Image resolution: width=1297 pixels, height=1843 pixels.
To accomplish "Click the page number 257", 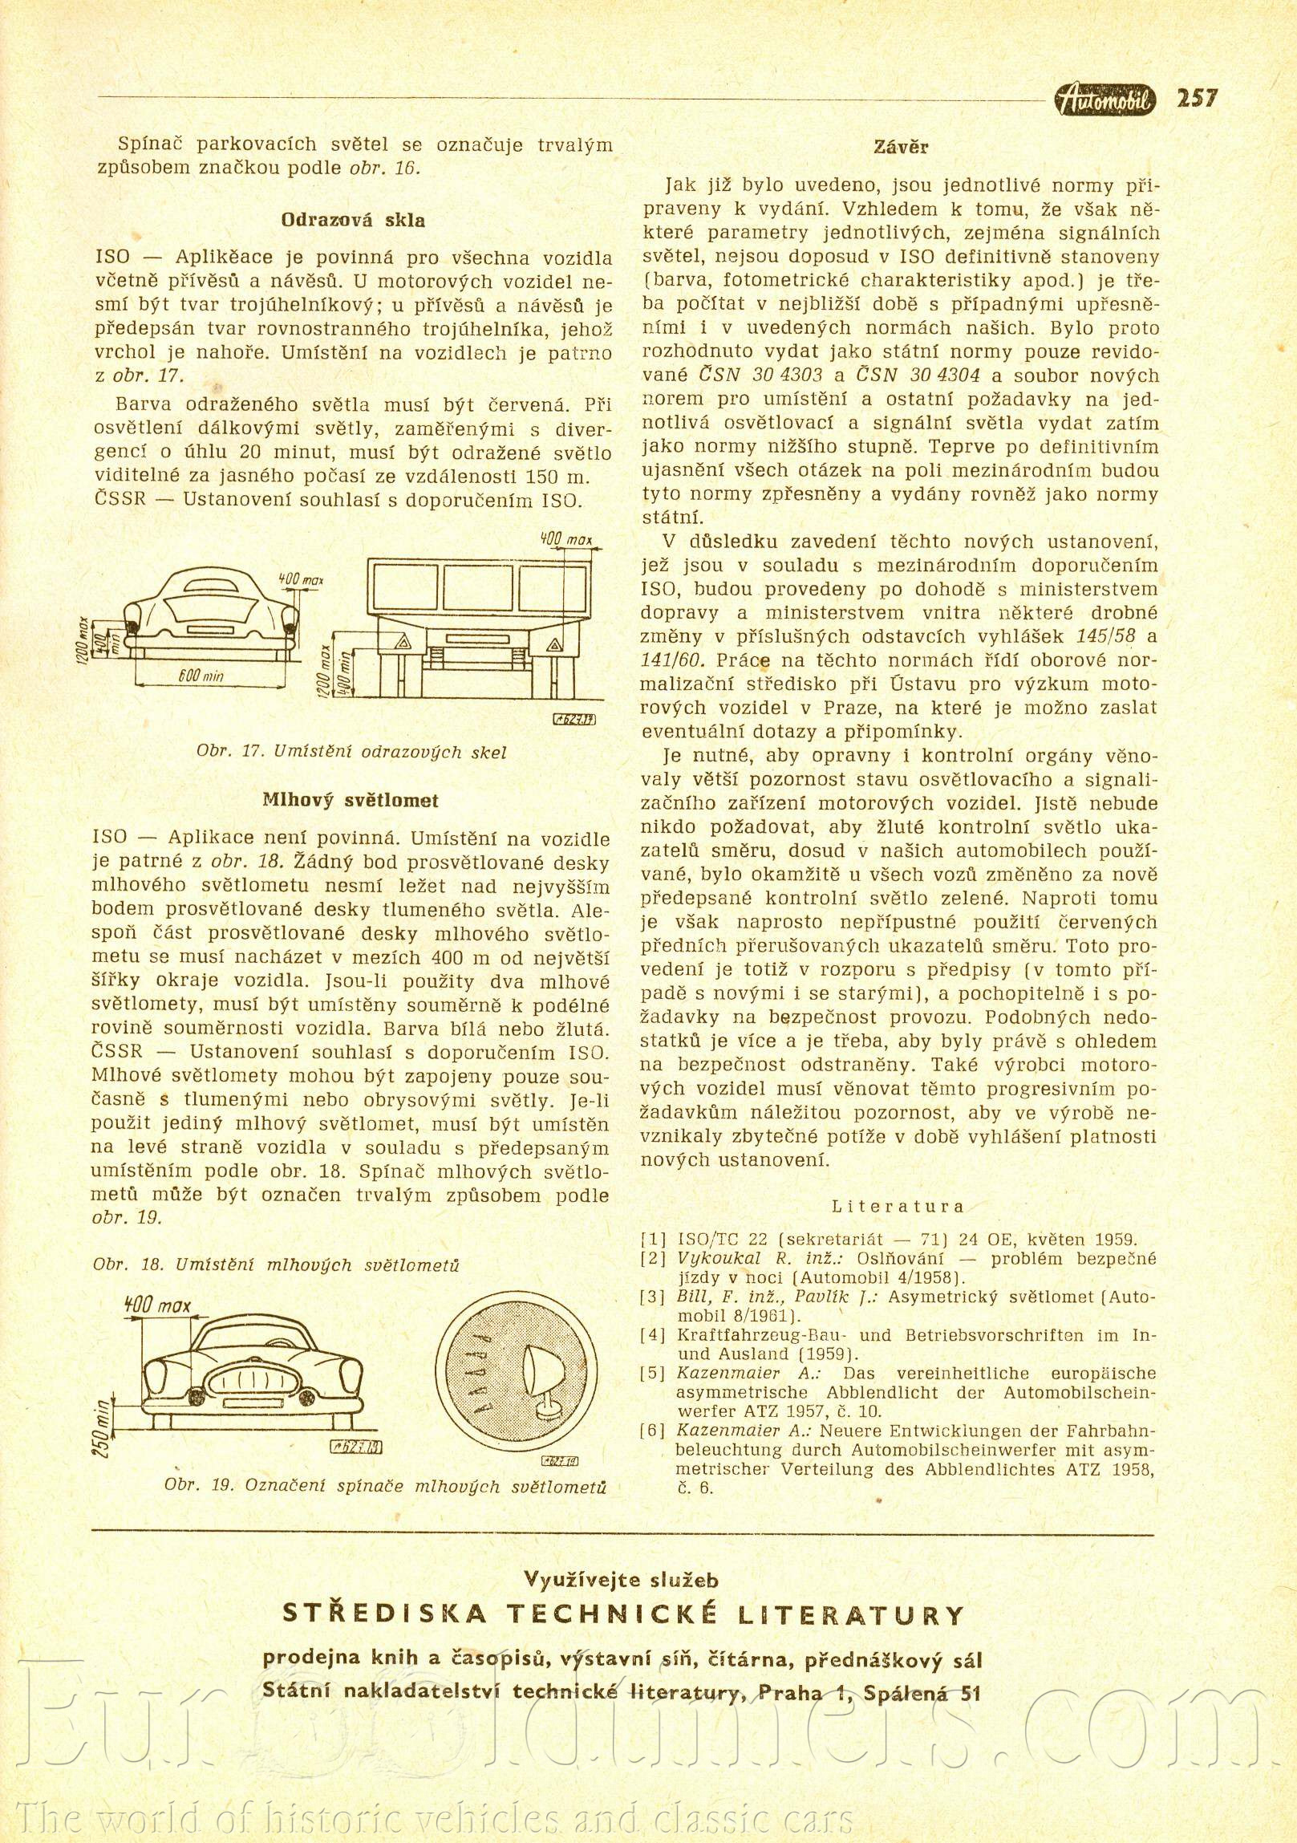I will [x=1197, y=99].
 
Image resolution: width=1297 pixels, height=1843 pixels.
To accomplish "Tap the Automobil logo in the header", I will [x=1105, y=99].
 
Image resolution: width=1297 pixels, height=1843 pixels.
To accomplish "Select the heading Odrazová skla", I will [x=353, y=220].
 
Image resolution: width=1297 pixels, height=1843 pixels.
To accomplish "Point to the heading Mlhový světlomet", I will [x=351, y=800].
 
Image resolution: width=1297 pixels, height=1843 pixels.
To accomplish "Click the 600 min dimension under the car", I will [x=201, y=676].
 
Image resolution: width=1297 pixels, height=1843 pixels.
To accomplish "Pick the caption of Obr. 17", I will [x=351, y=752].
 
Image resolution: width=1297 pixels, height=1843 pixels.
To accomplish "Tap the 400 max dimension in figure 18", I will [x=158, y=1305].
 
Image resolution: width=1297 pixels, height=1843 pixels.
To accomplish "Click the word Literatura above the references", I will [x=898, y=1206].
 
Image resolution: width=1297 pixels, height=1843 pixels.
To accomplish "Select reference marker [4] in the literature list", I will [x=653, y=1336].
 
